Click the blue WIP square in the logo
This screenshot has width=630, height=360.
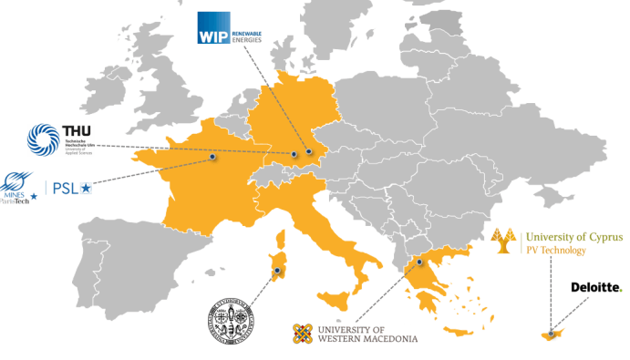[x=212, y=28]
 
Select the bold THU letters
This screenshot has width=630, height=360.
[x=75, y=131]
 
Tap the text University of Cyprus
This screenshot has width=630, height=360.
[x=571, y=234]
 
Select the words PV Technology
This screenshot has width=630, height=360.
[x=555, y=249]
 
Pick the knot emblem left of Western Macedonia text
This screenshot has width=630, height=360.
[x=304, y=334]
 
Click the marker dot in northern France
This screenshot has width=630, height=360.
[x=212, y=157]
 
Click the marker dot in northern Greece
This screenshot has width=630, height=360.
[x=419, y=262]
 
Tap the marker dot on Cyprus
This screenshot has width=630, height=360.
[x=551, y=332]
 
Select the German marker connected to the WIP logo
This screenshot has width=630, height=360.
[x=308, y=151]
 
